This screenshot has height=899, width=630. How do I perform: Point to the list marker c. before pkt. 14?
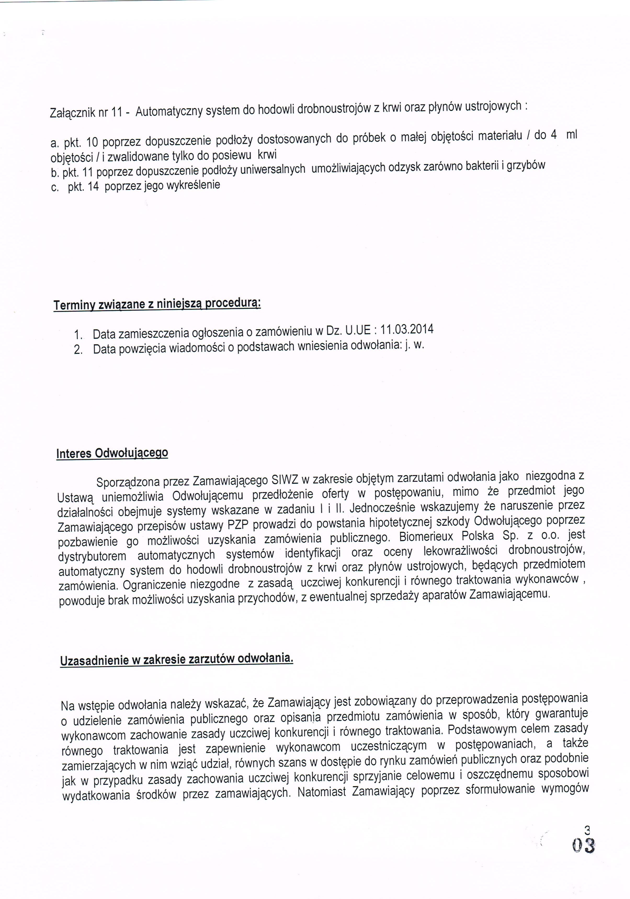coord(54,188)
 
